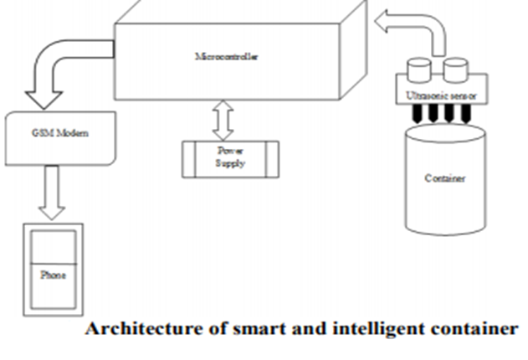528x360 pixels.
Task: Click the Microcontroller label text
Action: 226,57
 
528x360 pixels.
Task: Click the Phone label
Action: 52,275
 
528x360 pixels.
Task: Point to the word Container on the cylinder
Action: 443,178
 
